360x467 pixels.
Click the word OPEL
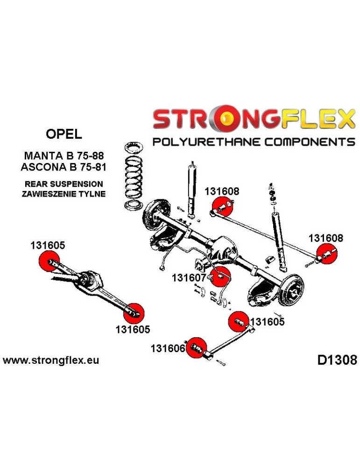click(x=64, y=134)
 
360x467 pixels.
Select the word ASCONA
click(x=44, y=167)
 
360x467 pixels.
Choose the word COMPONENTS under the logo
click(x=305, y=142)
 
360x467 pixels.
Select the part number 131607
click(x=189, y=278)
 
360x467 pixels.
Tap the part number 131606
click(x=168, y=348)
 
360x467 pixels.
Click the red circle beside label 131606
click(x=196, y=347)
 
